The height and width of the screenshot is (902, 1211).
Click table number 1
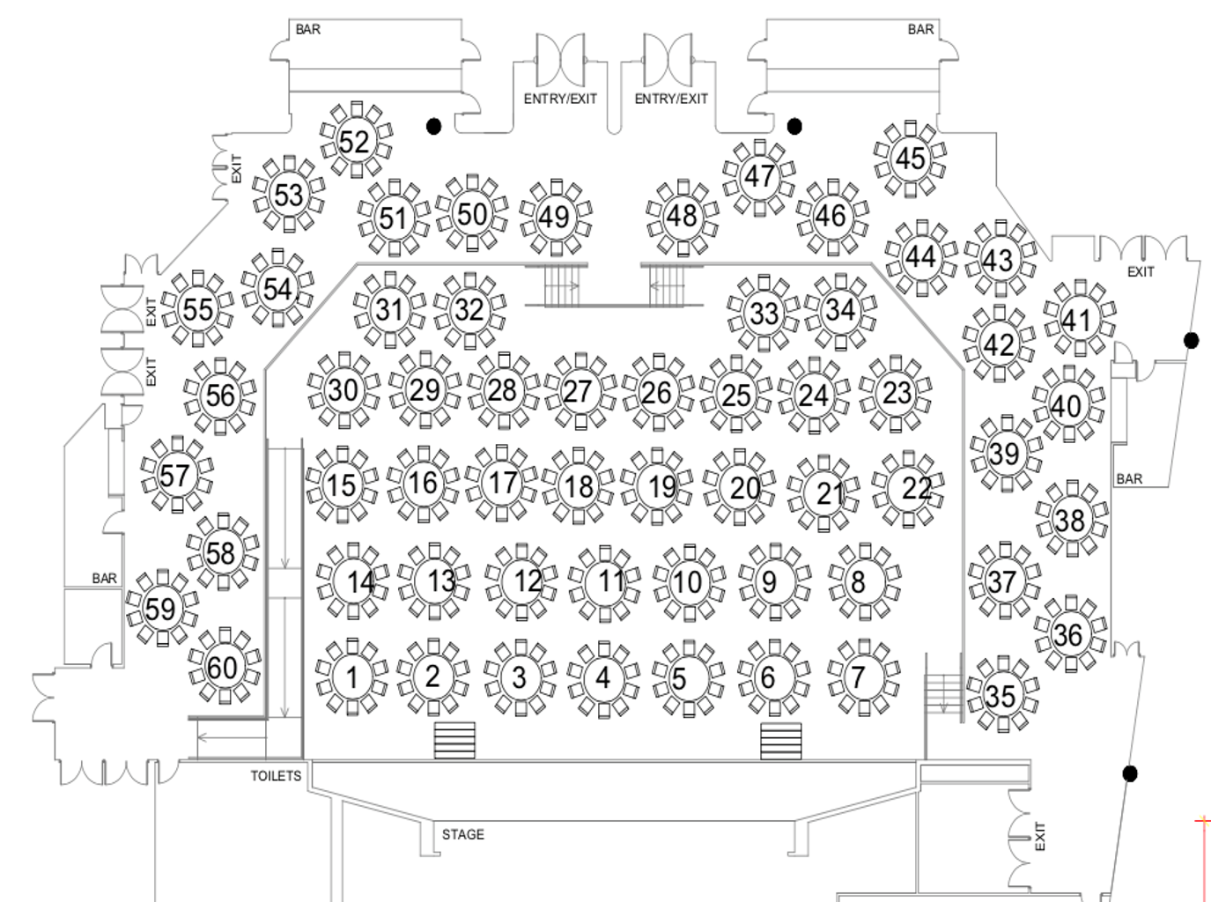(x=352, y=676)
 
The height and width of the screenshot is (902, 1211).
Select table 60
(x=223, y=667)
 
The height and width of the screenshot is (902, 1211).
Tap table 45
(x=910, y=159)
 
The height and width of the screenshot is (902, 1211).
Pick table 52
(x=354, y=141)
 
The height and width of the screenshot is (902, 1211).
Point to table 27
(x=578, y=391)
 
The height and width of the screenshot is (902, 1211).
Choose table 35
(x=1001, y=696)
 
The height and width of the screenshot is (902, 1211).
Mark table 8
(x=859, y=581)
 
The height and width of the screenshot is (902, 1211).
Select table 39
(x=1004, y=454)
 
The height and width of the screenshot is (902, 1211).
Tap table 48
(x=682, y=215)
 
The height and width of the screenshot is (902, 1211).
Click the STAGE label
(x=463, y=834)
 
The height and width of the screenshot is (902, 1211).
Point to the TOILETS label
(x=276, y=776)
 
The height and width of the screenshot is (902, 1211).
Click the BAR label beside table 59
(x=104, y=579)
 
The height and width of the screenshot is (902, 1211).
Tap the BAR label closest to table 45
(x=920, y=29)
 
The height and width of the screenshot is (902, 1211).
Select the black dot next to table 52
(x=433, y=126)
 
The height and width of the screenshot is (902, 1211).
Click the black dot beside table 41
(x=1191, y=340)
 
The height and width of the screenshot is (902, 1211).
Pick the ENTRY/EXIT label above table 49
(x=560, y=99)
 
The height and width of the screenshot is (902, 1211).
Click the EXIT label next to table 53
(x=236, y=168)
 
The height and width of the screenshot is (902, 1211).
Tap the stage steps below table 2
(x=454, y=741)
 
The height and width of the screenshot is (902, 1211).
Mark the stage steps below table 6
(x=781, y=741)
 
